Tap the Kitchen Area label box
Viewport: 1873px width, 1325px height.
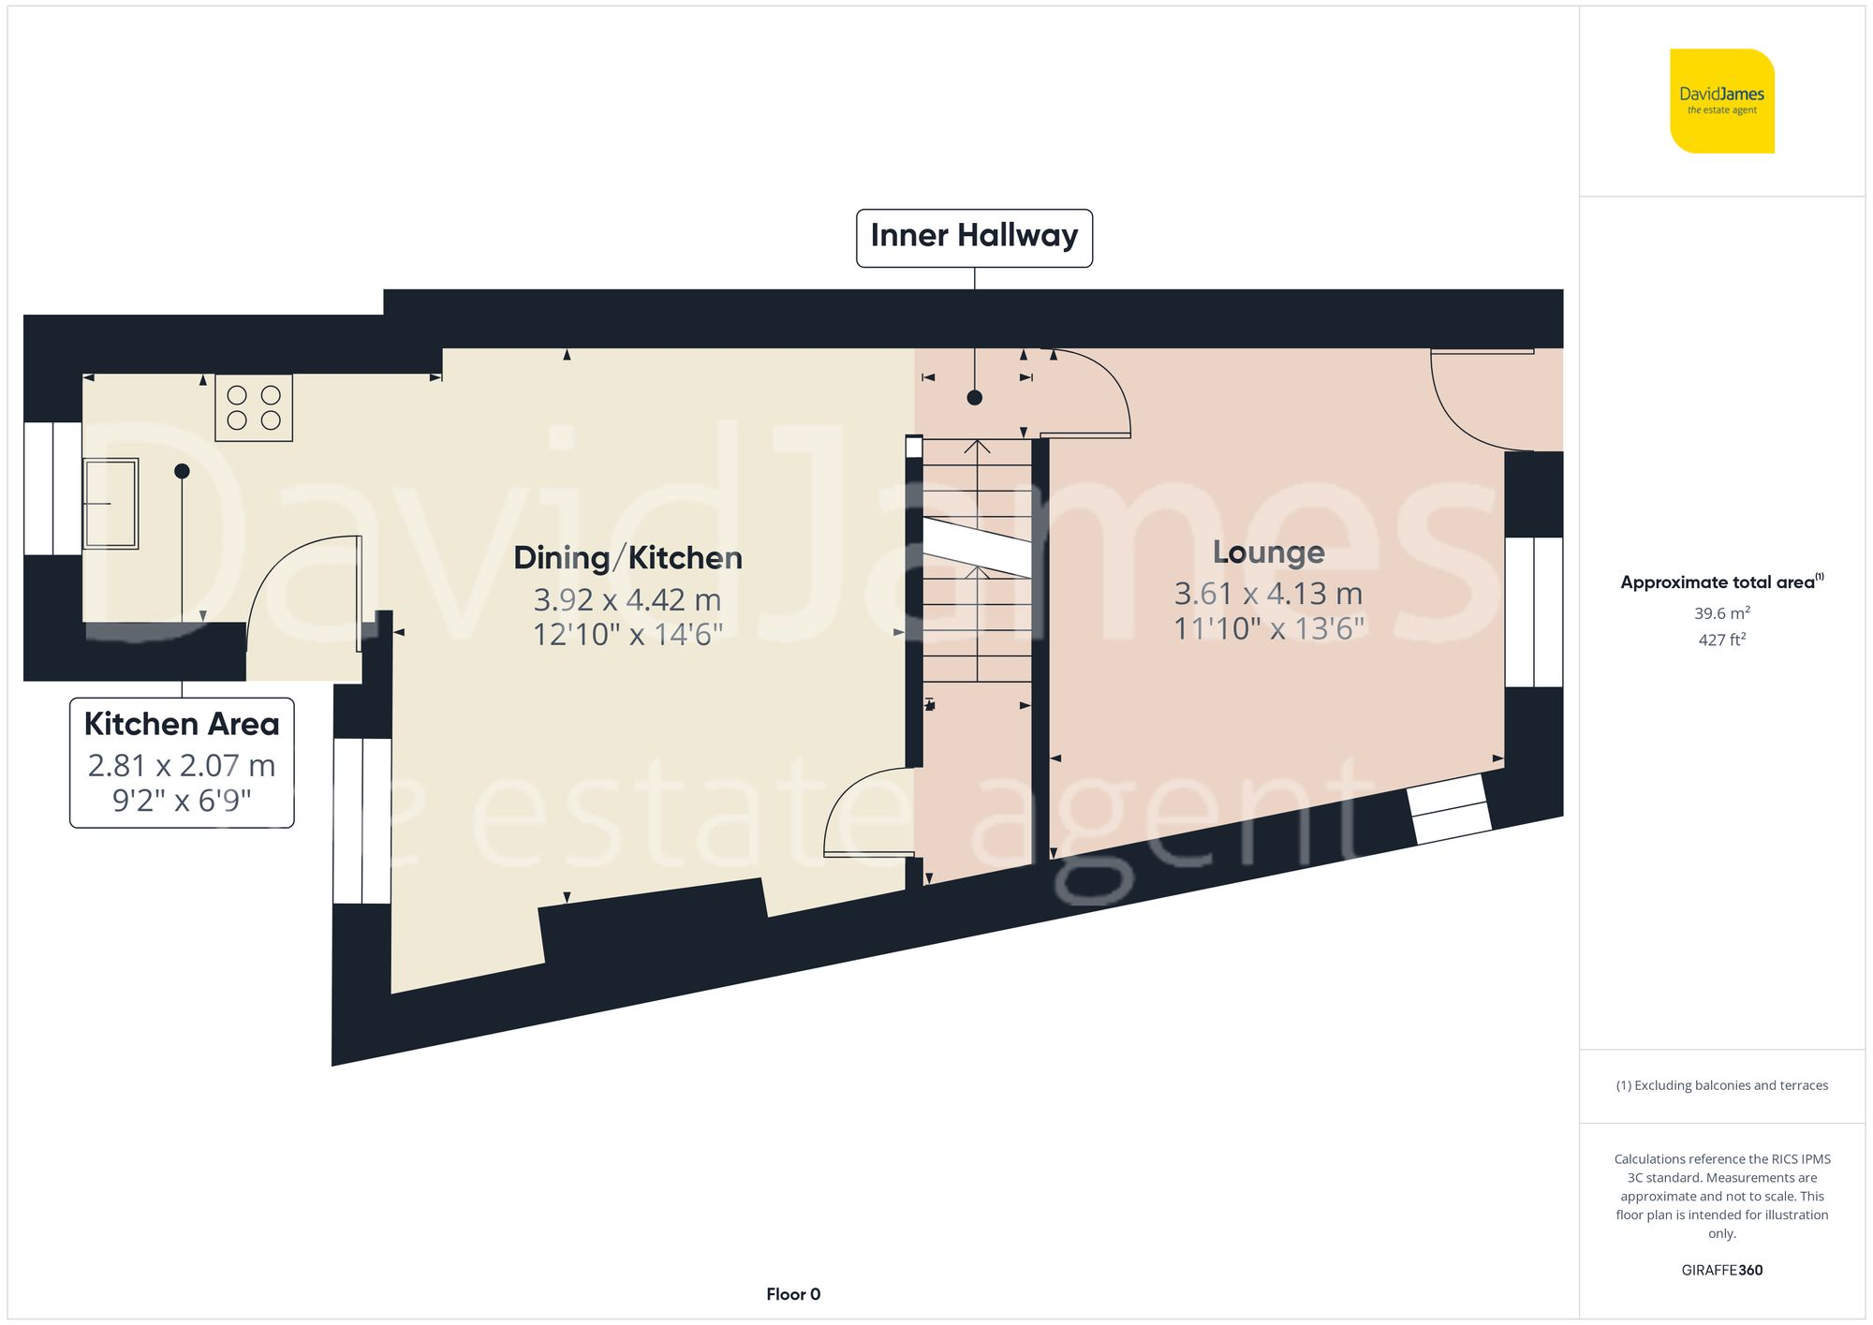pos(182,762)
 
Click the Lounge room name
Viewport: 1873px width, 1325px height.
pos(1268,552)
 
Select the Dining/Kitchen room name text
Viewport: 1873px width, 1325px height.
pos(627,558)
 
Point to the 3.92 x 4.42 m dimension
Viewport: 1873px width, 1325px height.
pos(627,599)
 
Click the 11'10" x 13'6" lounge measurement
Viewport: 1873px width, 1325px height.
pos(1268,628)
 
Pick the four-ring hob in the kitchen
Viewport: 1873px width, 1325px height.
pos(254,407)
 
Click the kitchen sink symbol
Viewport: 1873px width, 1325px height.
pos(111,503)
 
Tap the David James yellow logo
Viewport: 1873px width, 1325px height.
pos(1721,101)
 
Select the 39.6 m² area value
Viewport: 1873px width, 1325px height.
pos(1721,613)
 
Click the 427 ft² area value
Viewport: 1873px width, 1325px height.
pos(1721,640)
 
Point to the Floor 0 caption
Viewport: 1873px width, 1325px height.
pos(792,1294)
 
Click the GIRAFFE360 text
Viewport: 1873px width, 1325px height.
pos(1721,1270)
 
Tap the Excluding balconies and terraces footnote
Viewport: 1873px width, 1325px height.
pos(1721,1085)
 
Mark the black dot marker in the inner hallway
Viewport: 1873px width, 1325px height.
pos(974,398)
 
